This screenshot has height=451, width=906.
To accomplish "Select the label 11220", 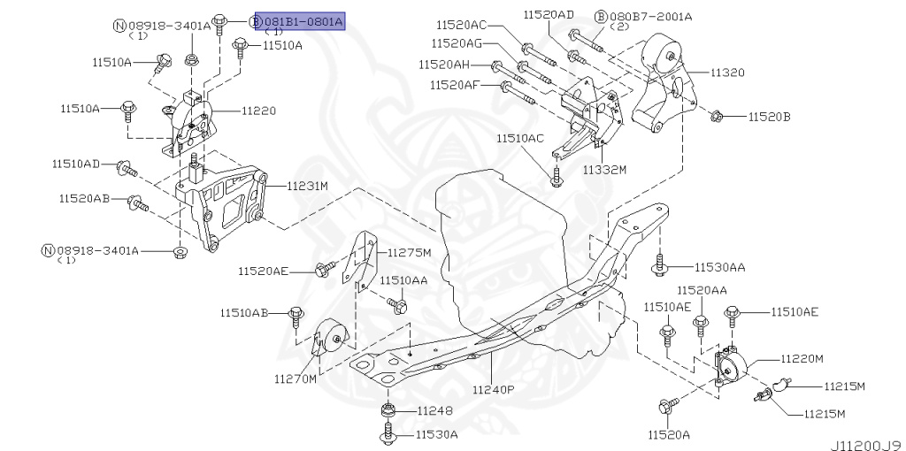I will click(x=258, y=111).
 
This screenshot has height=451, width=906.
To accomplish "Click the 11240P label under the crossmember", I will click(x=493, y=389).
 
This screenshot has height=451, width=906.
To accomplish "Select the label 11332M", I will click(x=604, y=169).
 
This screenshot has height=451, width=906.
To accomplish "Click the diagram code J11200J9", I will click(x=864, y=438).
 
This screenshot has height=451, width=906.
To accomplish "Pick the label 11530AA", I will click(x=719, y=266).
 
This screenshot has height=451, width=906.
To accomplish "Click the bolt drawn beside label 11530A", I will click(x=388, y=434).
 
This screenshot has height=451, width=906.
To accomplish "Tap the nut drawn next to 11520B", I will click(x=718, y=115).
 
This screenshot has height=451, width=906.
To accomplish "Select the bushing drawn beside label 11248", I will click(x=388, y=411).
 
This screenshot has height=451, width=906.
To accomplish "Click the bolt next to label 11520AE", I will click(x=326, y=268).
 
